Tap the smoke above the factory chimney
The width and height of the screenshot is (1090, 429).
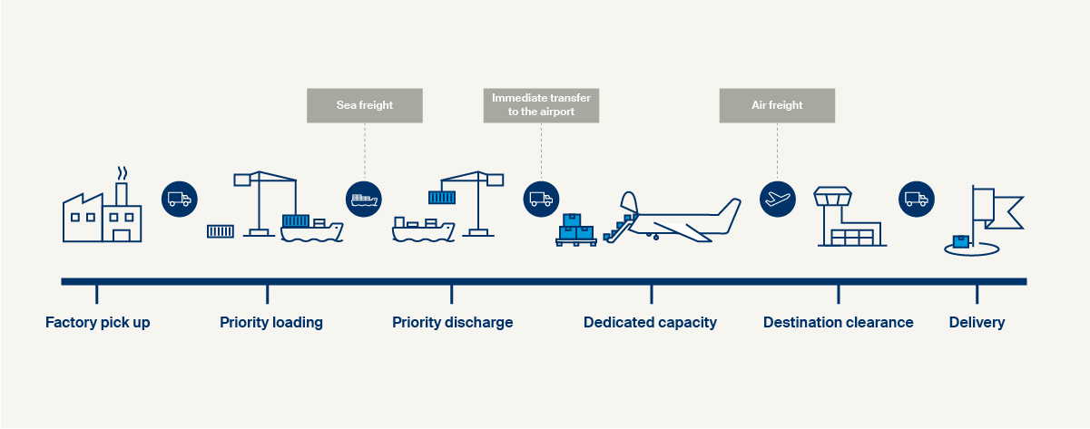pyautogui.click(x=123, y=173)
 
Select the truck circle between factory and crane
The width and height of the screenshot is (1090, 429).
pyautogui.click(x=180, y=200)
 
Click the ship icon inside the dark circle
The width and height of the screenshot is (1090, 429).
pyautogui.click(x=364, y=200)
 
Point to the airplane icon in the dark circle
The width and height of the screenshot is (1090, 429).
pyautogui.click(x=778, y=200)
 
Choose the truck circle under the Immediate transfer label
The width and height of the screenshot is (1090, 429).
pyautogui.click(x=541, y=200)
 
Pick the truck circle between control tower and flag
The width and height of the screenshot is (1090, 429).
pyautogui.click(x=917, y=200)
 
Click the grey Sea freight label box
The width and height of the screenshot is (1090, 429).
pyautogui.click(x=365, y=105)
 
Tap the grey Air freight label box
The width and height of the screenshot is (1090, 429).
pyautogui.click(x=777, y=105)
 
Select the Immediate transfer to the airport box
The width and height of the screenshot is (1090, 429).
pyautogui.click(x=541, y=105)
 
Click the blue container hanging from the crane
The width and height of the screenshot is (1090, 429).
pyautogui.click(x=442, y=198)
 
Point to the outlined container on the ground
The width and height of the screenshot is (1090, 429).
pyautogui.click(x=221, y=231)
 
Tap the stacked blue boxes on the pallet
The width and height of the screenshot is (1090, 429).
pyautogui.click(x=576, y=229)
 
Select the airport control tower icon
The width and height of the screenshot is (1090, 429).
pyautogui.click(x=850, y=217)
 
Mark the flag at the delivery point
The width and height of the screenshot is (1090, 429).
pyautogui.click(x=997, y=209)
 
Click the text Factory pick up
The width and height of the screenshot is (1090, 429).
pyautogui.click(x=98, y=323)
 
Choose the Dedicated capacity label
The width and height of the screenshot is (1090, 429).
pyautogui.click(x=650, y=323)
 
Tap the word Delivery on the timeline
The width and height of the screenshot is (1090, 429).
pyautogui.click(x=977, y=323)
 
